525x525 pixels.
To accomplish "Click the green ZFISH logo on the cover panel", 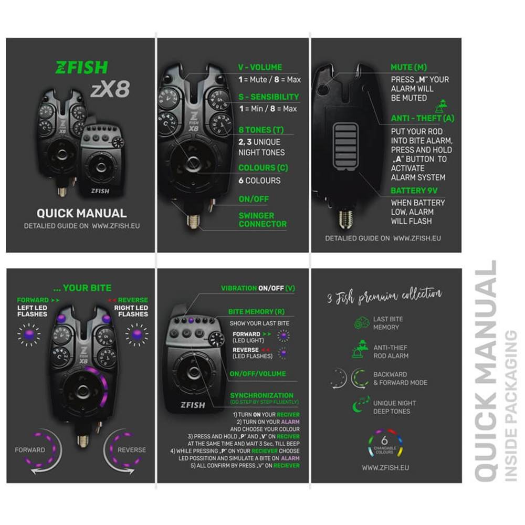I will pyautogui.click(x=81, y=67).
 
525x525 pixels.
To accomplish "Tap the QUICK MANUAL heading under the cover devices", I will pyautogui.click(x=81, y=213).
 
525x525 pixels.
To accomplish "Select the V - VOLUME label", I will pyautogui.click(x=260, y=67).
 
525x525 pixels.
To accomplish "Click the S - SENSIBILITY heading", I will pyautogui.click(x=268, y=97).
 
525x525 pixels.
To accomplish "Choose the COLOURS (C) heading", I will pyautogui.click(x=264, y=168).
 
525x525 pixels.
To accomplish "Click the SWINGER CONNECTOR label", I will pyautogui.click(x=262, y=219).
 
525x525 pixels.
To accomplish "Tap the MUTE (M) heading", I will pyautogui.click(x=409, y=68).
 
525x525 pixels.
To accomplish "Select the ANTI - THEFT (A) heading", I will pyautogui.click(x=423, y=118).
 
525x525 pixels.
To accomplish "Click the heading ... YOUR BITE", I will pyautogui.click(x=82, y=288).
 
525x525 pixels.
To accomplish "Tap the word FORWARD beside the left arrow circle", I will pyautogui.click(x=30, y=450).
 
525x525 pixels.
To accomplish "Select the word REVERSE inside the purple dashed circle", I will pyautogui.click(x=131, y=450).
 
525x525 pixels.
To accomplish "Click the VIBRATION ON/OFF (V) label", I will pyautogui.click(x=258, y=288).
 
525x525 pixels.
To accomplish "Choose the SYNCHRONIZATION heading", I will pyautogui.click(x=261, y=395).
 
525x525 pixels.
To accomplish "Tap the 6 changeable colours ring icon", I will pyautogui.click(x=386, y=444).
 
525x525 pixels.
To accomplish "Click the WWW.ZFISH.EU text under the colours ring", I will pyautogui.click(x=386, y=467).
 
